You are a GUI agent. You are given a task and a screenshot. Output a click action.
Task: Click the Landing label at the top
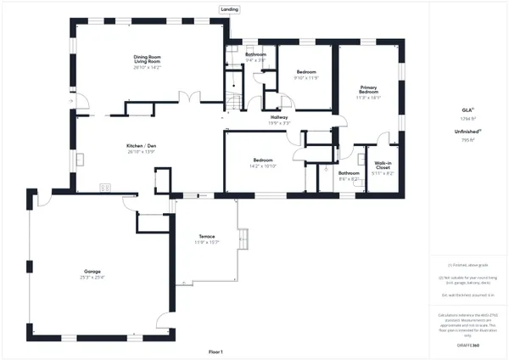(229, 9)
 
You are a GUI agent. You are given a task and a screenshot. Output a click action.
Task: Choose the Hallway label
(280, 118)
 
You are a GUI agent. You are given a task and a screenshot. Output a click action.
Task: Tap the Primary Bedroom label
(369, 90)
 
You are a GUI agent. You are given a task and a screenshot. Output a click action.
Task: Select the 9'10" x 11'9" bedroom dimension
(305, 78)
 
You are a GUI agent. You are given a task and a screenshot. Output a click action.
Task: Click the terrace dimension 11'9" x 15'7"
(207, 242)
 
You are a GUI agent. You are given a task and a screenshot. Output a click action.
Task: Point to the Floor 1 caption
(215, 351)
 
